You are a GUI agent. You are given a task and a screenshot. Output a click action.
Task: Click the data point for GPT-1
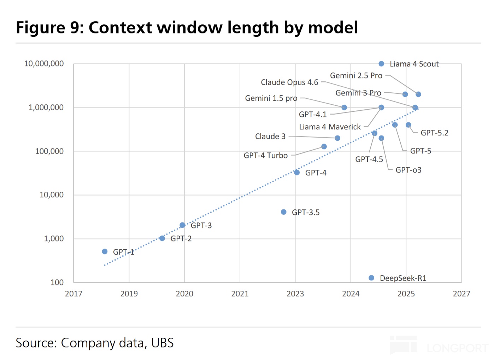(x=105, y=252)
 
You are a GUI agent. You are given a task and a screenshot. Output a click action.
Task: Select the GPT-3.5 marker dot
(x=284, y=212)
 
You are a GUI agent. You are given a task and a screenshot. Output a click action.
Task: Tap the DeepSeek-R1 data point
(x=371, y=278)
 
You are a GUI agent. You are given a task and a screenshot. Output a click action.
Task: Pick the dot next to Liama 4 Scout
(x=381, y=64)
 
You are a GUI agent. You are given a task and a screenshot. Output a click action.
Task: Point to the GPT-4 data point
(x=297, y=173)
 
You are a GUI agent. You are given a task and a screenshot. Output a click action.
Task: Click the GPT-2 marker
(x=162, y=238)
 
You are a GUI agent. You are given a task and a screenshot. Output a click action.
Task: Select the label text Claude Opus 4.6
(x=289, y=82)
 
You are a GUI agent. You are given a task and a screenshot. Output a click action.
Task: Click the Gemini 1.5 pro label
(x=271, y=98)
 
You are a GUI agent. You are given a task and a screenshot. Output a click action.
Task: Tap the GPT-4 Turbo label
(x=265, y=156)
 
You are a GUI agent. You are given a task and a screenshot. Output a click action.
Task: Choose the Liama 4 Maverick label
(x=330, y=127)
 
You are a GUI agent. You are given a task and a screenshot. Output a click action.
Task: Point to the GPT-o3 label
(x=408, y=170)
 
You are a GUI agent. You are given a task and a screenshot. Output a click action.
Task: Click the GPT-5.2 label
(x=434, y=133)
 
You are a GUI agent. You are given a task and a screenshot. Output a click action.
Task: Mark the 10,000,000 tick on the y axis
(x=44, y=64)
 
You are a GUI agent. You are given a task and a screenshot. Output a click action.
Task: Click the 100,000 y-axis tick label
(x=49, y=151)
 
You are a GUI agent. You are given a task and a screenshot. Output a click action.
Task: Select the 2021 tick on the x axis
(x=240, y=294)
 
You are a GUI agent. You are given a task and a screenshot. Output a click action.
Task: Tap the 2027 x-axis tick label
(x=461, y=294)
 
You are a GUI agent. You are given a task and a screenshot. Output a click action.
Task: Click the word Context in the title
(x=120, y=28)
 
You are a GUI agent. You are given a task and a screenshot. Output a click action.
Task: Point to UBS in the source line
(x=162, y=343)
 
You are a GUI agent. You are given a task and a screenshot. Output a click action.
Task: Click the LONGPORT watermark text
(x=458, y=348)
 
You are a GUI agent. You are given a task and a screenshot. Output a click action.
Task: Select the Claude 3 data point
(x=337, y=138)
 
